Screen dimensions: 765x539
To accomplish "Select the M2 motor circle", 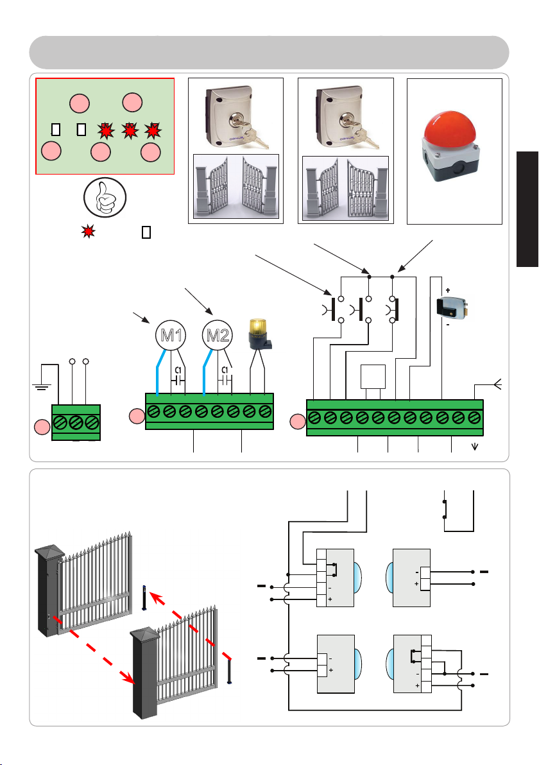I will point(218,336).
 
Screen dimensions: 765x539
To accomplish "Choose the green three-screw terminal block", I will point(76,422).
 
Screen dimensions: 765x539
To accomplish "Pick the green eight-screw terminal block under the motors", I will point(209,412).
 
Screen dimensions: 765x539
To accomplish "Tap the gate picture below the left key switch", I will point(236,187).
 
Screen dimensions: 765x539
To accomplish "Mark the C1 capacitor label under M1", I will point(178,370).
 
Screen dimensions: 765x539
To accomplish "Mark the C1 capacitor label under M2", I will point(225,370).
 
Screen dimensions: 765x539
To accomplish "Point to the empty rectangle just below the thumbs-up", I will point(145,232).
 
